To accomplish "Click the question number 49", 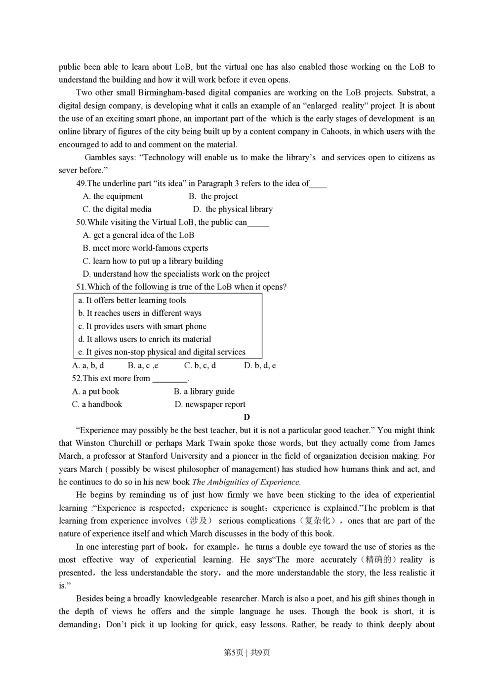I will point(81,183).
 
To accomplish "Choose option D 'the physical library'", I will point(233,209).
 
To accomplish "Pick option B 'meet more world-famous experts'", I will point(145,248).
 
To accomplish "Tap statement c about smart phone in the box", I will point(142,326).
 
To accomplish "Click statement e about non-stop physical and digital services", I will point(162,352).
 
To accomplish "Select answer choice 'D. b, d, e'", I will point(260,365).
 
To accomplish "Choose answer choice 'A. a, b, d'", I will point(88,365).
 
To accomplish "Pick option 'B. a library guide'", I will point(204,391).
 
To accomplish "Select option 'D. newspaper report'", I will point(210,404).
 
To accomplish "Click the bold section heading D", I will point(247,417).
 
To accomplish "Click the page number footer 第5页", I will point(234,653).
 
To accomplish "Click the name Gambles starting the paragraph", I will point(100,158).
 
